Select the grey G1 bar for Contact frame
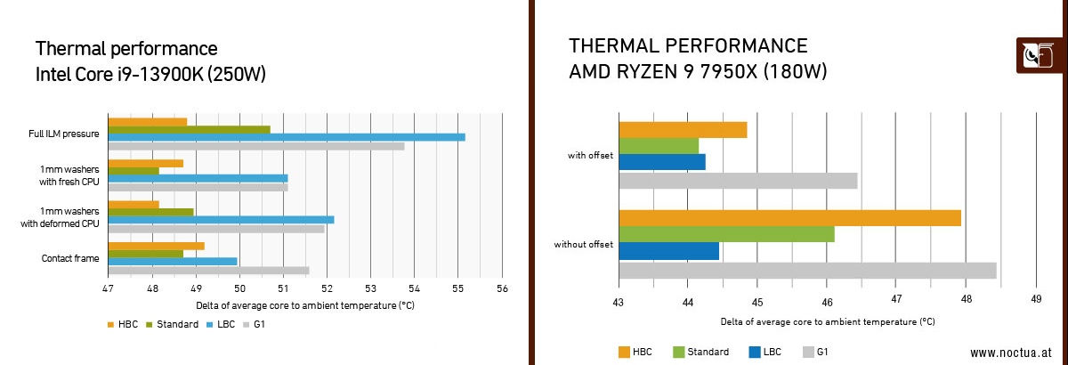(x=208, y=271)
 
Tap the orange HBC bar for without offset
(x=789, y=218)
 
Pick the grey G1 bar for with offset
(x=738, y=181)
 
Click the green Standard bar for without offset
(x=726, y=235)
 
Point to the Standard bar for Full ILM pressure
(x=189, y=130)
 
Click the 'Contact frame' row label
(x=69, y=259)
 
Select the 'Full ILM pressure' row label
(x=63, y=134)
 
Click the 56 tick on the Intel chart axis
(x=503, y=289)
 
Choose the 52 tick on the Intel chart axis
(x=327, y=289)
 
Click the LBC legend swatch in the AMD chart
(x=756, y=352)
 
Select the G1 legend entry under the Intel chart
(x=254, y=324)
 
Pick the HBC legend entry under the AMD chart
(x=635, y=352)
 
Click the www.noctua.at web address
(x=1010, y=352)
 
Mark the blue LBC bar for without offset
(x=668, y=251)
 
